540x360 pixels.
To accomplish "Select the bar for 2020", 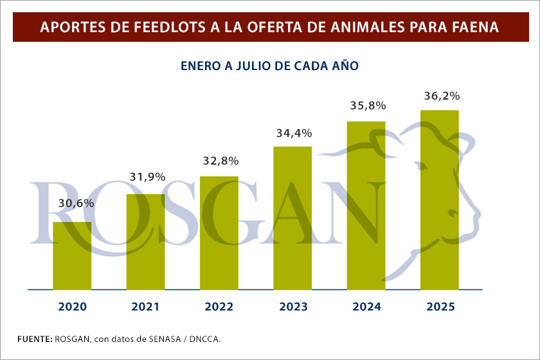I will coord(72,256).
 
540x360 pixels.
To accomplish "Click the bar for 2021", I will coord(145,242).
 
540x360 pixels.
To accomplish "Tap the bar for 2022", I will coord(219,233).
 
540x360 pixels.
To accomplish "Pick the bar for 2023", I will coord(292,218).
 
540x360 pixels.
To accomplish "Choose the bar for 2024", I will coord(366,206).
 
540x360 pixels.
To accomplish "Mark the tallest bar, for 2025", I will coord(440,200).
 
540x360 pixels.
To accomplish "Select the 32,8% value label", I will coord(219,160).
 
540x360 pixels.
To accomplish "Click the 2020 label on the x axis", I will coord(72,307).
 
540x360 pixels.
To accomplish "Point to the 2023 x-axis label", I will coord(292,307).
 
